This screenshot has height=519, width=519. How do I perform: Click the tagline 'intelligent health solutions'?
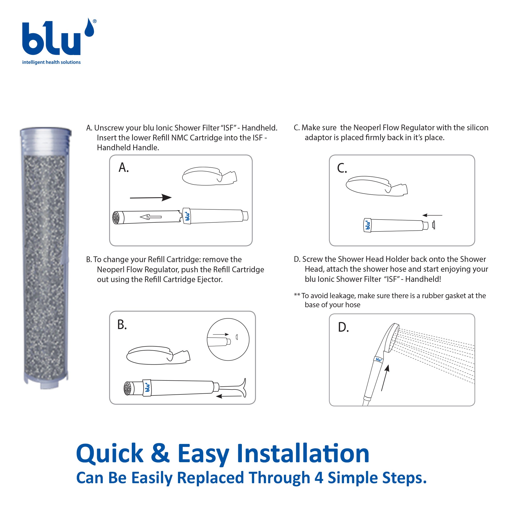tap(51, 62)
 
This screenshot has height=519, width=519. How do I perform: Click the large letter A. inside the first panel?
tap(124, 167)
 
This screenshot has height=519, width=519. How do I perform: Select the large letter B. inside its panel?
tap(122, 325)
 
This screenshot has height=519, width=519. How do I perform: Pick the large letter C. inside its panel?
tap(342, 168)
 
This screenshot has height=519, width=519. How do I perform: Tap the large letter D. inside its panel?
tap(343, 327)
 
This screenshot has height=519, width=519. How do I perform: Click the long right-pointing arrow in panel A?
tap(151, 197)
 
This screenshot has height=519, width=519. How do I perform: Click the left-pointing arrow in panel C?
tap(432, 215)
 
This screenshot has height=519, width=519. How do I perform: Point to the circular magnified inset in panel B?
tap(228, 339)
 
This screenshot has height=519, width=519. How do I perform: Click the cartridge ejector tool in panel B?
tap(231, 388)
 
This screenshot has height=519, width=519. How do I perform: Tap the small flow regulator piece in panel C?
tap(433, 225)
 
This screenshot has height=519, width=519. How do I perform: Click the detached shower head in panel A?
tap(209, 176)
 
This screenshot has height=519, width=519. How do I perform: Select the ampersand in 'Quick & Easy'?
tap(160, 453)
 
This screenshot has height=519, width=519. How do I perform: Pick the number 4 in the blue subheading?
tap(319, 478)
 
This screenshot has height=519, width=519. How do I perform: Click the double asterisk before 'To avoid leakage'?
tap(297, 295)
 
